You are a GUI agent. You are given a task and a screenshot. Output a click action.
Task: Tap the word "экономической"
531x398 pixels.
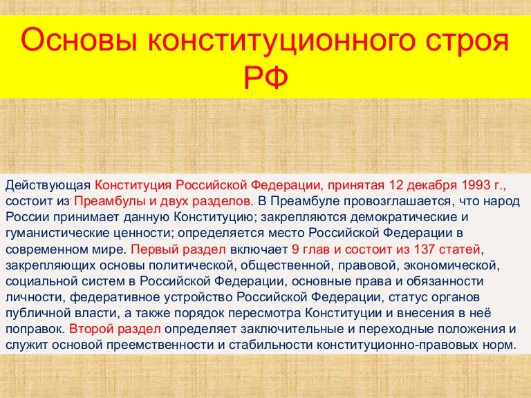click(450, 265)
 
